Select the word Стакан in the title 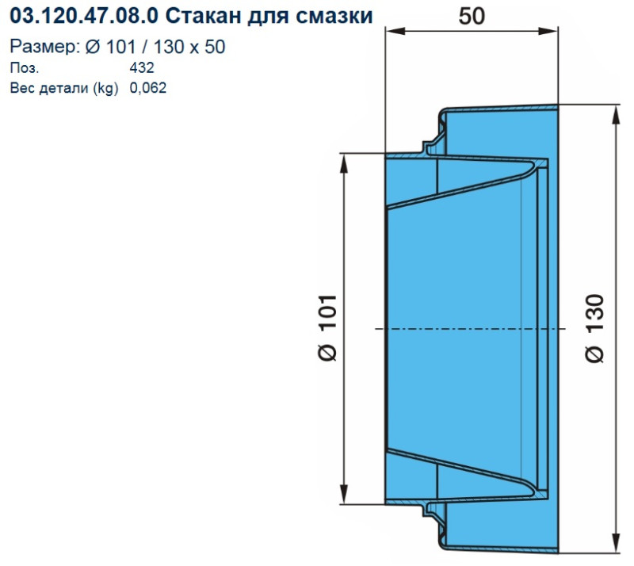click(x=201, y=16)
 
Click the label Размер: click(x=44, y=47)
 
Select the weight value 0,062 click(x=148, y=88)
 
